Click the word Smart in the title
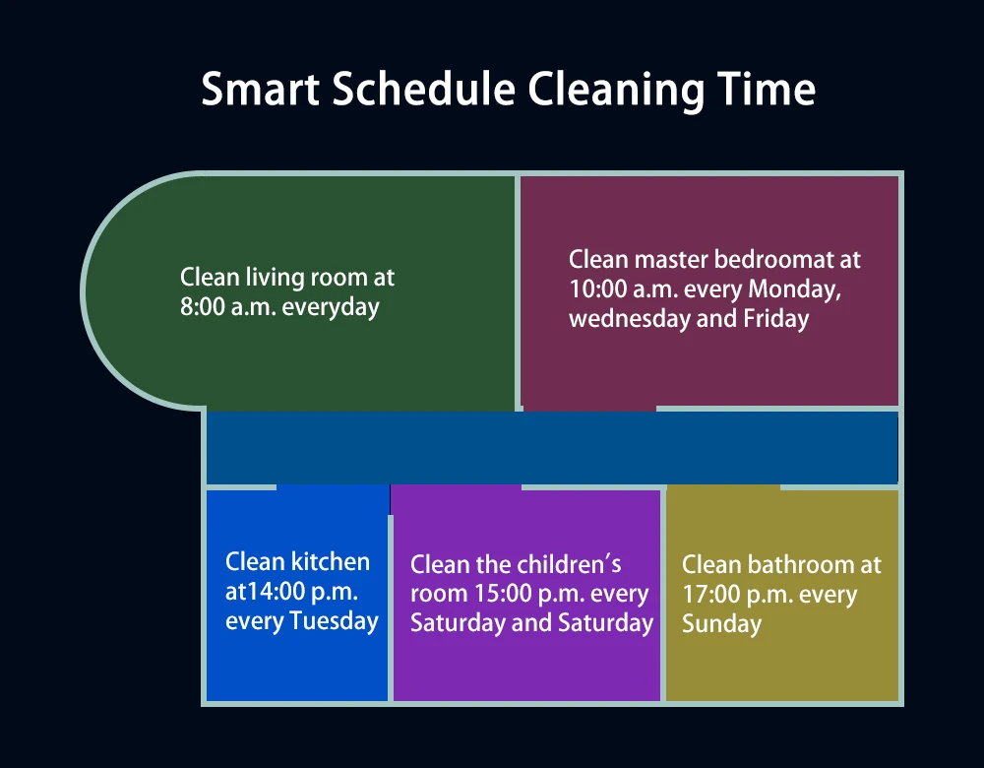(261, 90)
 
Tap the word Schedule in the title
(423, 90)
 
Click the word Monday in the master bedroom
(794, 290)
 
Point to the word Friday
(775, 320)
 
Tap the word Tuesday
(334, 621)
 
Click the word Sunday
(721, 625)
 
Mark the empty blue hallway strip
(552, 448)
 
